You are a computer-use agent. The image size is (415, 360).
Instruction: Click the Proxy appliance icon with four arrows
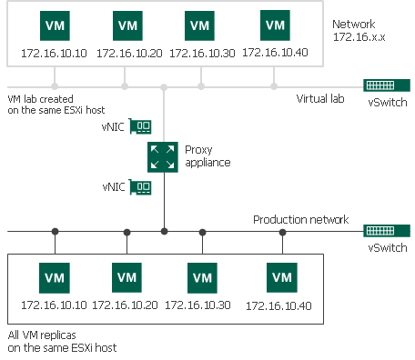(x=164, y=156)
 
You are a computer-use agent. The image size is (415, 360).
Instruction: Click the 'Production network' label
(x=300, y=220)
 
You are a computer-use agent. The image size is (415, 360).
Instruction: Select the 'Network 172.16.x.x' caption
(x=359, y=32)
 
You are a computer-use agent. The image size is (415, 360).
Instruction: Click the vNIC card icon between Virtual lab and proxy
(x=139, y=126)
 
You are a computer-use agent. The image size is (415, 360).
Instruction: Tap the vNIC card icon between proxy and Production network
(x=139, y=187)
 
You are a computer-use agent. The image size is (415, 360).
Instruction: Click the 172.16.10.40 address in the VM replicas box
(x=283, y=305)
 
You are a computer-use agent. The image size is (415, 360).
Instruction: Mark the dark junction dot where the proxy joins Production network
(x=164, y=231)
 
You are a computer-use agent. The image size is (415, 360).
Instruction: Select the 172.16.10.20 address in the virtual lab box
(x=128, y=53)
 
